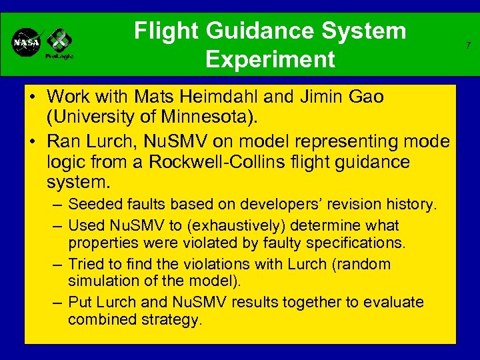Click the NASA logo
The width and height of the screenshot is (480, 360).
27,43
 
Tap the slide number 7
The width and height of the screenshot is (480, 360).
468,45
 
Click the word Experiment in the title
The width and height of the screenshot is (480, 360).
270,59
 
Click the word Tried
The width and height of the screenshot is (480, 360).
85,264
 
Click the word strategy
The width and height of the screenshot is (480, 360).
174,319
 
